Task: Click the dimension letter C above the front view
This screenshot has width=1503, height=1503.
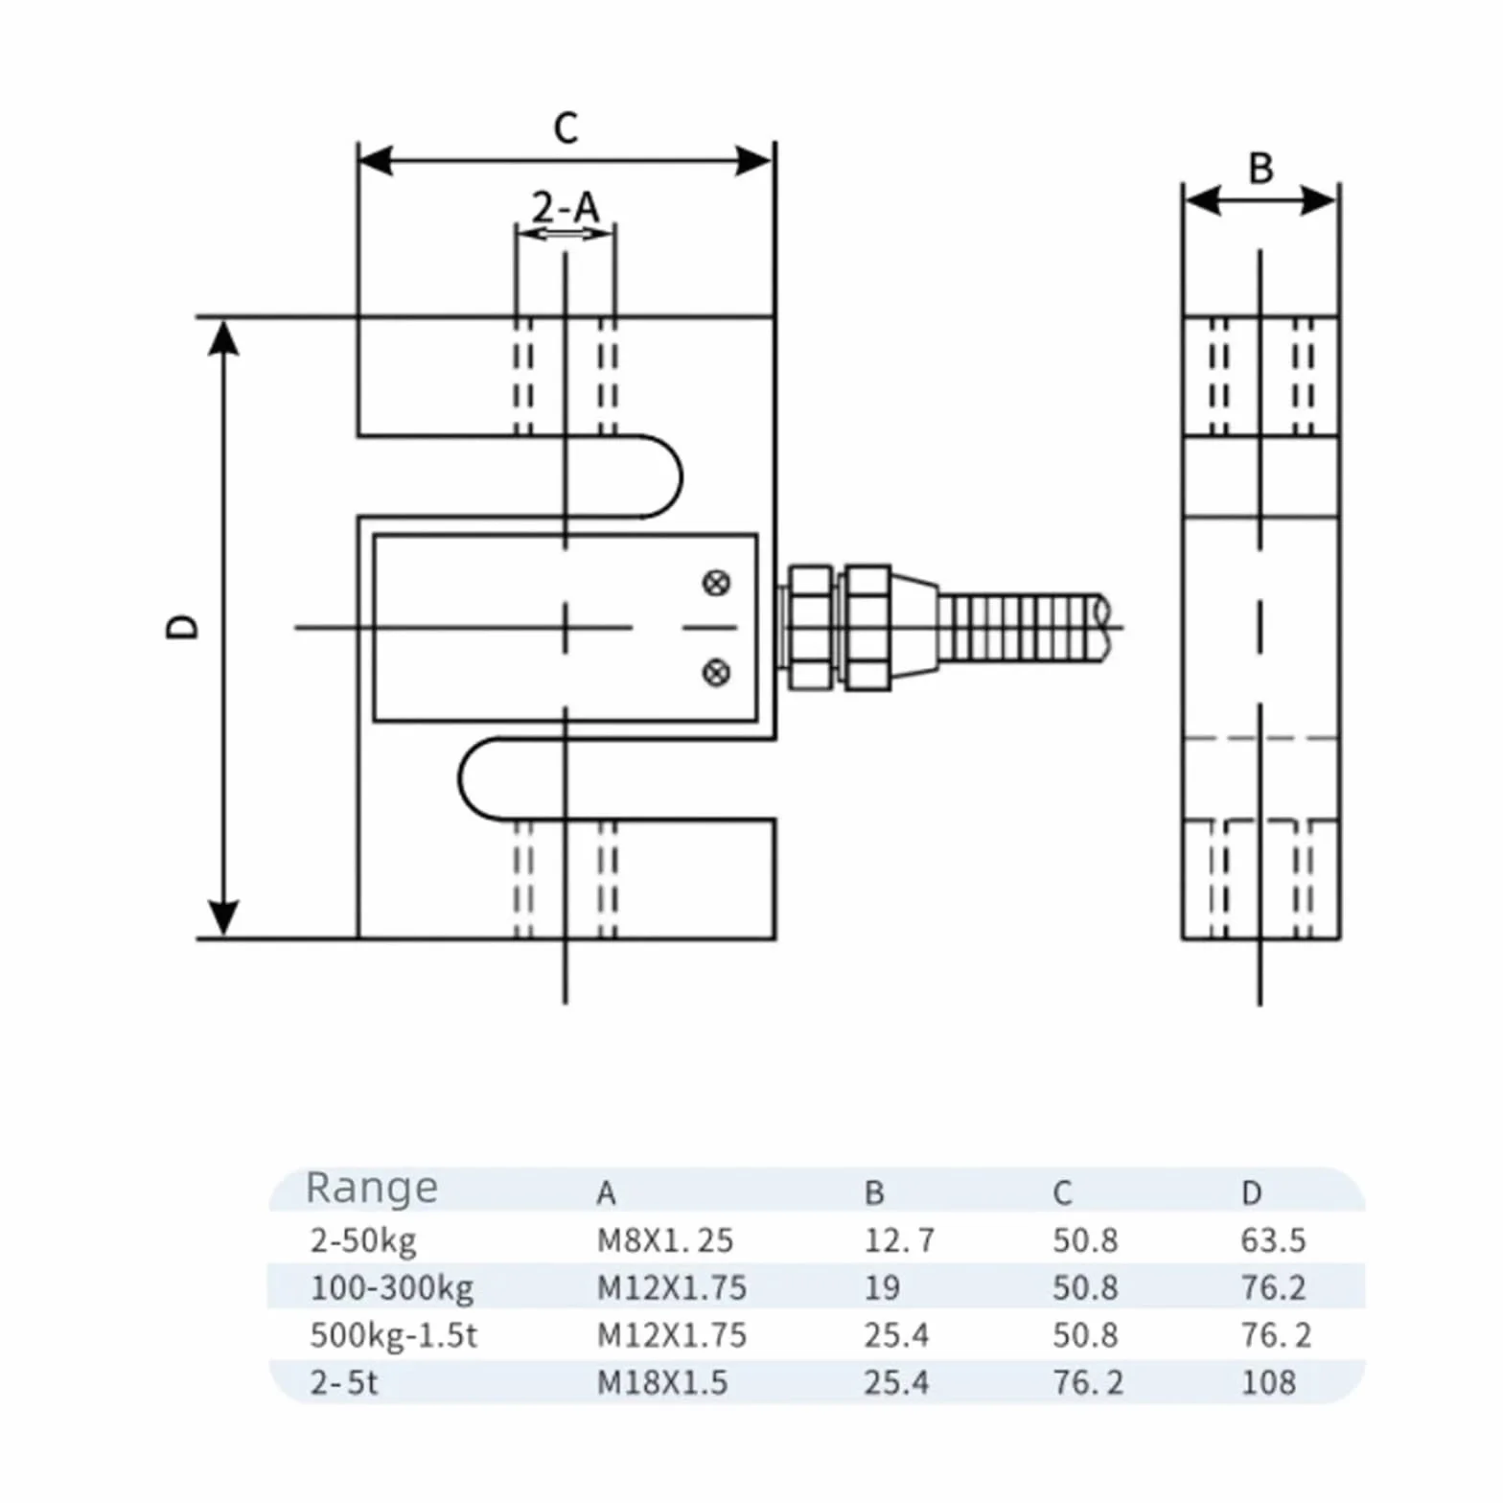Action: coord(566,127)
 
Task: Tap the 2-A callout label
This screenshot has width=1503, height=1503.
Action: coord(566,206)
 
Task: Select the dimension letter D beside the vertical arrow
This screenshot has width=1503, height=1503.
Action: coord(182,627)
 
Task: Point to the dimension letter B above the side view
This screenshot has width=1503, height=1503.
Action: coord(1260,169)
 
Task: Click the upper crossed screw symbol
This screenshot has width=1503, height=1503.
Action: coord(716,583)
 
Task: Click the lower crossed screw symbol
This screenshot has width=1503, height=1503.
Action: coord(716,672)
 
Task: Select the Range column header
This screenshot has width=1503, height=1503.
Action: coord(371,1189)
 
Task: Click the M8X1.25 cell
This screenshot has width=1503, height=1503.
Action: coord(664,1240)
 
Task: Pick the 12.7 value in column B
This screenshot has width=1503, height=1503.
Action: coord(898,1240)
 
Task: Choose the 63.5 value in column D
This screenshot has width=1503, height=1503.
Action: coord(1273,1240)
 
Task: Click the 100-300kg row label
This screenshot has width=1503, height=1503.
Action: coord(391,1288)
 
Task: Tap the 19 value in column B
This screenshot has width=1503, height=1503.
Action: coord(882,1287)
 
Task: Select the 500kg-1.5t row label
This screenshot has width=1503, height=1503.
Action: coord(393,1335)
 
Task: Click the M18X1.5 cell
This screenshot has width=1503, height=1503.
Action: coord(661,1382)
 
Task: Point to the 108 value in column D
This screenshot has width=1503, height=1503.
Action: coord(1268,1382)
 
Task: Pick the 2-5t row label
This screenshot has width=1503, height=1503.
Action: coord(344,1382)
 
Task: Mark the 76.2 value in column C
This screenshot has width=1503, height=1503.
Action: coord(1087,1382)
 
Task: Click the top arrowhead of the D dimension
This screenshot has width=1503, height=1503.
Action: coord(223,337)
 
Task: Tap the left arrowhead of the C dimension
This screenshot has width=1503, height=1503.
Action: coord(375,161)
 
